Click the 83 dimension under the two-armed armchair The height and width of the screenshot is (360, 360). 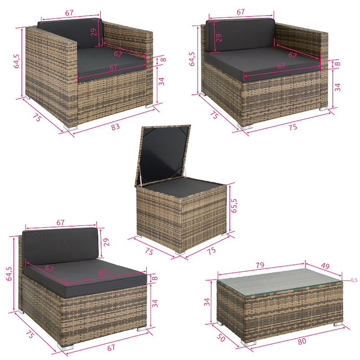click(116, 127)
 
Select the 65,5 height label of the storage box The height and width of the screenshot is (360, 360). click(234, 206)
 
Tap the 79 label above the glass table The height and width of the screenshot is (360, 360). click(260, 265)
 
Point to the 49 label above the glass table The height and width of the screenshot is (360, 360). click(325, 265)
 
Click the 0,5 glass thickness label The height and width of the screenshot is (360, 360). click(354, 280)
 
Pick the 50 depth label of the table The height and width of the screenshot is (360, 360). click(221, 337)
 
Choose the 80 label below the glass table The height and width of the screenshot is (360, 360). click(302, 342)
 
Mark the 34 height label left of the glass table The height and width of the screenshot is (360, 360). click(207, 302)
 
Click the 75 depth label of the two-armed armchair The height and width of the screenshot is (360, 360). click(37, 117)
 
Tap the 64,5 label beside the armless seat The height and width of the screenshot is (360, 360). click(9, 274)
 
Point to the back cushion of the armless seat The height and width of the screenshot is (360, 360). click(61, 246)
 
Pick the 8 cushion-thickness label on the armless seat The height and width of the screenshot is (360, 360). click(155, 278)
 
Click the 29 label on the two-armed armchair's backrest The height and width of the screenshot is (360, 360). click(94, 32)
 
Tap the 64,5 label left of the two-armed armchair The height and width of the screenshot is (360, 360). click(17, 61)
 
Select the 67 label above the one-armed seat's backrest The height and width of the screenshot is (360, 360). click(241, 12)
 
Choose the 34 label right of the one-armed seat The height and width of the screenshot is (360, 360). click(337, 87)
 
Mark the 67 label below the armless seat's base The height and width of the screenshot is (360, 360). click(111, 347)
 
